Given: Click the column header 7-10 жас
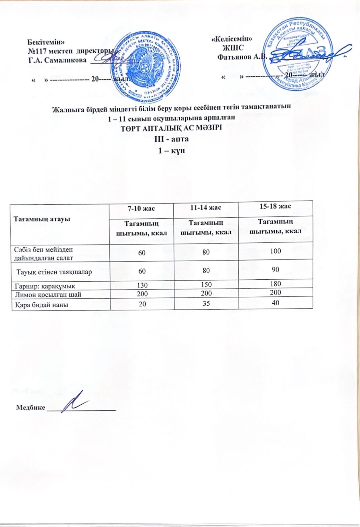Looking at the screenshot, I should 141,208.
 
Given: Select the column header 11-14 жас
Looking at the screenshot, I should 206,208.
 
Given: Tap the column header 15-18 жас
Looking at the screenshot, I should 275,206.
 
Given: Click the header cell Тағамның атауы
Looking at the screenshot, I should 42,219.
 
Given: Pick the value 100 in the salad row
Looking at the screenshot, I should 275,251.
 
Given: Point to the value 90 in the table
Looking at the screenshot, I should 275,269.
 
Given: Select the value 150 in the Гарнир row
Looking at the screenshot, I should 206,285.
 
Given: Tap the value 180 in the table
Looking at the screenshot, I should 275,284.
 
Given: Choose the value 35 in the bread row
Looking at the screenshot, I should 206,303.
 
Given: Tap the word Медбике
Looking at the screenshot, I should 31,407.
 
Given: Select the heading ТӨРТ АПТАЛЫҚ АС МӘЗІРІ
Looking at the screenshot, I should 171,128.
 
